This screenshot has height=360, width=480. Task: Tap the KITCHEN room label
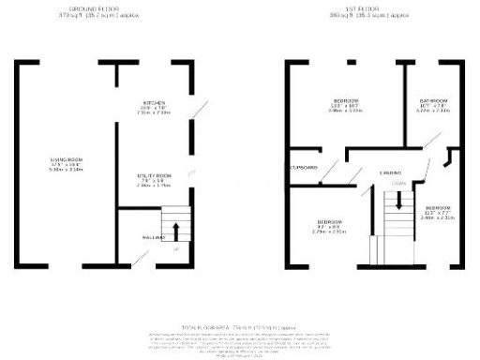point(154,102)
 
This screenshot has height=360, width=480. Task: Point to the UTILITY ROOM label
point(154,175)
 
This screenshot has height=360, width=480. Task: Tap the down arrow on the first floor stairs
point(397,199)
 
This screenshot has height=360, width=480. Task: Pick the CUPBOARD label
point(304,168)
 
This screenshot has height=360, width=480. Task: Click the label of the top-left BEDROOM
point(347,100)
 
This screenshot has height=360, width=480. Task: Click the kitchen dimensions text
point(154,110)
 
